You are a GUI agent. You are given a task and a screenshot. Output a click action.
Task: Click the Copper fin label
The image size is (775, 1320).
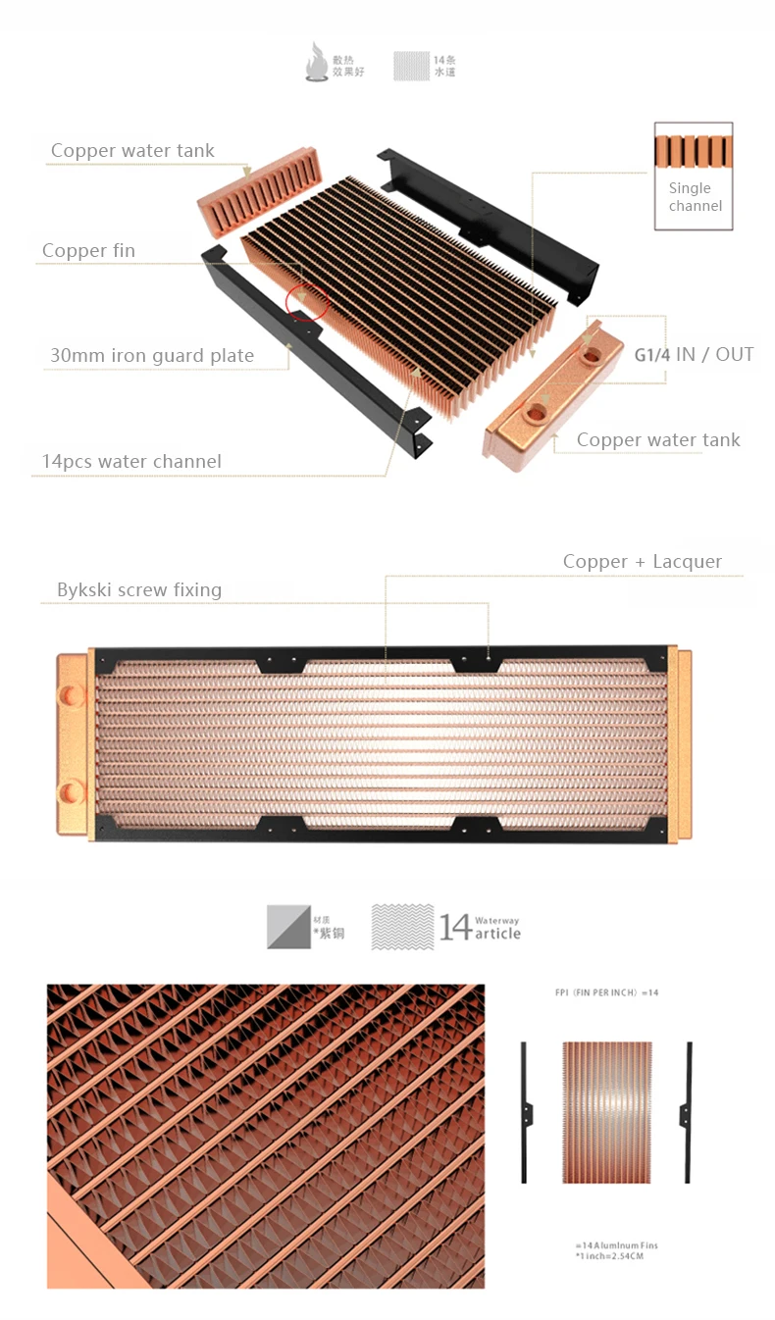coord(88,251)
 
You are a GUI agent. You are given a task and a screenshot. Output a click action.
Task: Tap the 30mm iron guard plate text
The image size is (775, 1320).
coord(152,355)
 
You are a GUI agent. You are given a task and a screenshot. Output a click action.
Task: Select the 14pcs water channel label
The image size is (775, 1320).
coord(131,461)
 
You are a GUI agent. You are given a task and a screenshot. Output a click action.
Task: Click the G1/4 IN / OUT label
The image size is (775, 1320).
coord(694,354)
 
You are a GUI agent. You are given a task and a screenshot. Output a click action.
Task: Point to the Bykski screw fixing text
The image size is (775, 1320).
coord(139,589)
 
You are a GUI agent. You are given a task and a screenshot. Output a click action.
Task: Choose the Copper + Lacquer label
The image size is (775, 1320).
coord(642,562)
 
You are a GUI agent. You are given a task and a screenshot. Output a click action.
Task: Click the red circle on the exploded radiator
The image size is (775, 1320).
coord(306,301)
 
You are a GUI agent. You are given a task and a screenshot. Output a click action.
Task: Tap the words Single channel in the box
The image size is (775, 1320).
coord(695,197)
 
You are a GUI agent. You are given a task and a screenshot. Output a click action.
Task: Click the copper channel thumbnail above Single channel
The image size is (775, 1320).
coord(694,151)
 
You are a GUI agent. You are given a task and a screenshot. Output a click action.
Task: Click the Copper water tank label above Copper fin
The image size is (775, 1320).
coord(132,150)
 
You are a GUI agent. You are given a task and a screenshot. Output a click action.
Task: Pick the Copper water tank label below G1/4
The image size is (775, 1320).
coord(658,440)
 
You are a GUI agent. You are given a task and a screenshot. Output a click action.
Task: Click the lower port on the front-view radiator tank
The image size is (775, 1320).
coord(72,791)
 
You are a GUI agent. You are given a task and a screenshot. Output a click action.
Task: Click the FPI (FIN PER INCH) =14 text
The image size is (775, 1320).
coord(606,992)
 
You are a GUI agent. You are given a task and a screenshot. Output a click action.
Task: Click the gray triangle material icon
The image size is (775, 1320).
coord(288,927)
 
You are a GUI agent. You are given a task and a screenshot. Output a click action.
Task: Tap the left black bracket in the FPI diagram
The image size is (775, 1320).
coord(525,1111)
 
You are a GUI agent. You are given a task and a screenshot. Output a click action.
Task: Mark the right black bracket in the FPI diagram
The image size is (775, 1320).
coord(687,1111)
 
